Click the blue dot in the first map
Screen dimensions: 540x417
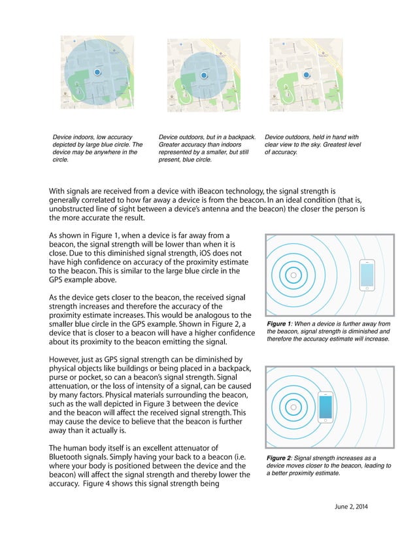[97, 72]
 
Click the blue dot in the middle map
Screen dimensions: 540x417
[204, 76]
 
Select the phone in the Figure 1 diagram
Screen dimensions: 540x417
[367, 275]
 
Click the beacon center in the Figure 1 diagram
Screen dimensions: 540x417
[293, 275]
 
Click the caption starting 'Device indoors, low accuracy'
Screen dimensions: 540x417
[97, 148]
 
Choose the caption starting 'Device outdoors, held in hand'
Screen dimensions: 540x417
[312, 144]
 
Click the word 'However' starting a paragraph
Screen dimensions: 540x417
[67, 359]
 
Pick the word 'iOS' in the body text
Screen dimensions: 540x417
[193, 251]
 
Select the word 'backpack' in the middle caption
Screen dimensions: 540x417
[239, 137]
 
